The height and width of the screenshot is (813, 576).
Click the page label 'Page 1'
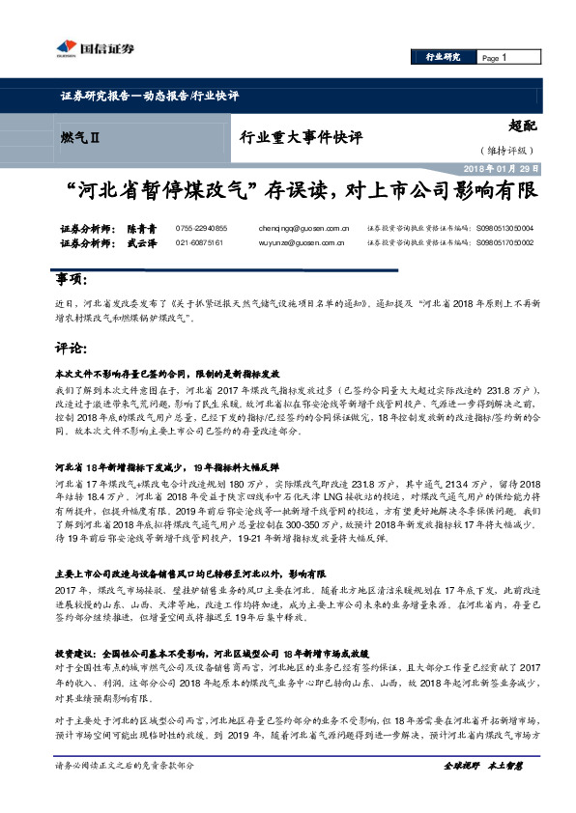click(495, 58)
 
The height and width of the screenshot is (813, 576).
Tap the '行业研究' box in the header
click(443, 58)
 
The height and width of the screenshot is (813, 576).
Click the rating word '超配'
click(522, 126)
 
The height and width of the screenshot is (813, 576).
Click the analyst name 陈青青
click(141, 228)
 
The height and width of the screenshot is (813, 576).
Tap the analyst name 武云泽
click(141, 245)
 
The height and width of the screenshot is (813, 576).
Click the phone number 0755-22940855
click(201, 228)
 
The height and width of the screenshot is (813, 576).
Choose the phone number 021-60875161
click(198, 245)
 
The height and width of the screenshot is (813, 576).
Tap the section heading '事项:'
click(71, 281)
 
